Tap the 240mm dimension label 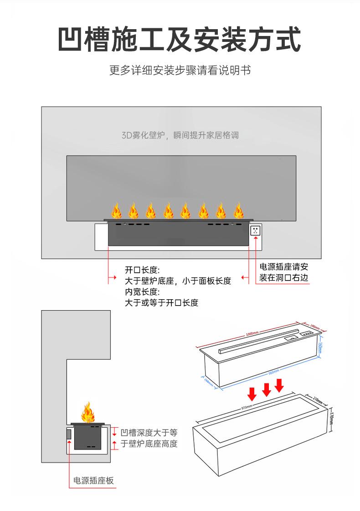point(315,327)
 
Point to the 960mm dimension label point(273,372)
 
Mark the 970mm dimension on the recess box point(246,407)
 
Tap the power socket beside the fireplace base point(255,230)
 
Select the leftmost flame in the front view point(116,211)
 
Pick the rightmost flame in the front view point(238,211)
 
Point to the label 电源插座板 point(93,480)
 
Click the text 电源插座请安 point(283,267)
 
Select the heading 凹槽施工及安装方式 point(180,40)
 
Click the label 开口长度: point(142,270)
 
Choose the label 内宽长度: point(142,292)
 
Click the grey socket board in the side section point(69,434)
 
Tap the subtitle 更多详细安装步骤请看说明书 point(180,71)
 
